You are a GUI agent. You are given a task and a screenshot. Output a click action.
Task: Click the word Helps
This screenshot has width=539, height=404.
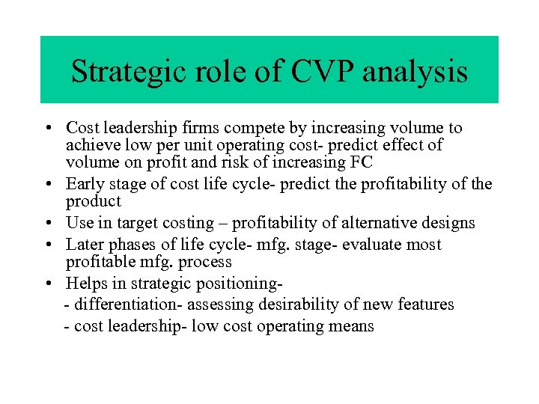click(x=86, y=284)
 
